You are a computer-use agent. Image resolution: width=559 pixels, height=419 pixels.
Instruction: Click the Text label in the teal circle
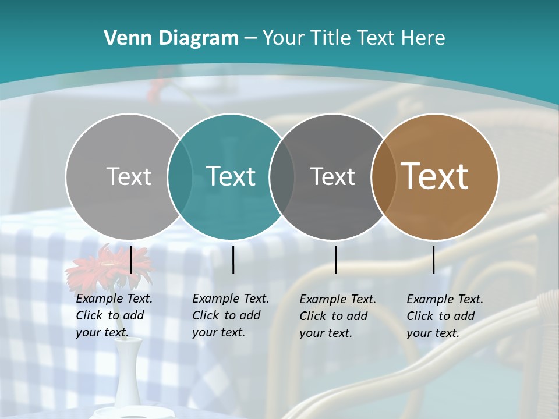click(231, 176)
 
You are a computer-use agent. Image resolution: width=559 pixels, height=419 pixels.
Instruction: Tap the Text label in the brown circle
click(435, 176)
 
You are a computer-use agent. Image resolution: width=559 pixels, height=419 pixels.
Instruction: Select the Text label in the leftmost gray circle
click(129, 176)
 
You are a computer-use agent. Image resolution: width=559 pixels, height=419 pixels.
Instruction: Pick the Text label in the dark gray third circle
click(332, 176)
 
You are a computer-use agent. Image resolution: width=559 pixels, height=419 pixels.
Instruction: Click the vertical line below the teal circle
click(233, 260)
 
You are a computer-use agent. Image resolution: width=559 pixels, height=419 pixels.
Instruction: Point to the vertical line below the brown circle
click(434, 260)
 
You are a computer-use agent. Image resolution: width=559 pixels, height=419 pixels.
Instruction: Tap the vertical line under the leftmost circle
click(131, 260)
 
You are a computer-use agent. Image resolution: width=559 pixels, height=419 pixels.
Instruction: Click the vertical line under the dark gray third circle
click(336, 260)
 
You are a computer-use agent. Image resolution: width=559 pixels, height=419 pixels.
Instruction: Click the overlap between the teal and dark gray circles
click(282, 176)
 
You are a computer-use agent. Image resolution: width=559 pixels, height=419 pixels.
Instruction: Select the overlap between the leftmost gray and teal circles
click(180, 176)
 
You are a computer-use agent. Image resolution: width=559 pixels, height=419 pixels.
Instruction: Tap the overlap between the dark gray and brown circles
click(384, 176)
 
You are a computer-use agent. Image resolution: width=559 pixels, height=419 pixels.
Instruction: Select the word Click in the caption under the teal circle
click(204, 315)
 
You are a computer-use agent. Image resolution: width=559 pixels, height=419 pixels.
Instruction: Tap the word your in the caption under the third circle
click(311, 333)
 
